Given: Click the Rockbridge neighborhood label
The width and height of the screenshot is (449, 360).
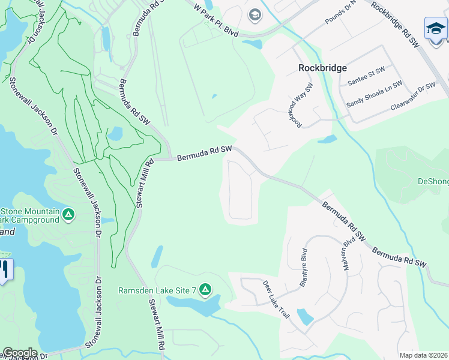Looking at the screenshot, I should tap(322, 68).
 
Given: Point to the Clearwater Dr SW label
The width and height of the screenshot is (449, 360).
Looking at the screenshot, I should tap(412, 95).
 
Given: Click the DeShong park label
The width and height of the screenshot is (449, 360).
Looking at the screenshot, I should tap(433, 181).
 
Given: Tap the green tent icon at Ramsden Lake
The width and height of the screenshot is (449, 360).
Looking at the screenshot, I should tap(205, 290).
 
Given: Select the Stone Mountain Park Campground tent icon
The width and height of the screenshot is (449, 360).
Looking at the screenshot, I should tap(69, 214).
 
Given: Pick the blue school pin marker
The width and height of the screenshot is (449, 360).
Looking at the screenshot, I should tap(435, 29).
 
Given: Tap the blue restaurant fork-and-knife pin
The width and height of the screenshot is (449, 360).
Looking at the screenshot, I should tap(5, 268).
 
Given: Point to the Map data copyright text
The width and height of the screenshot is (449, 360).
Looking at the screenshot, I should tap(423, 355).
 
